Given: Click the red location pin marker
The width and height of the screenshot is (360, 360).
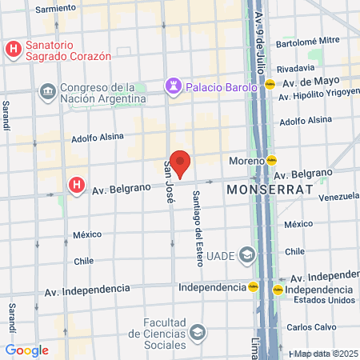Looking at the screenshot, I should click(x=181, y=162).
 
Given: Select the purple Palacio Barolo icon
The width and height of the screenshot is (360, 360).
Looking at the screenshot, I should click(x=172, y=85).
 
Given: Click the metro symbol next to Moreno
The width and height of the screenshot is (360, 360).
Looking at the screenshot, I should click(x=271, y=160).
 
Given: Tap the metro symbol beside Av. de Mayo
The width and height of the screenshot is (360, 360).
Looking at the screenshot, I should click(x=271, y=82).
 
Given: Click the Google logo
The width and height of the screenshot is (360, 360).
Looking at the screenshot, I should click(x=26, y=350).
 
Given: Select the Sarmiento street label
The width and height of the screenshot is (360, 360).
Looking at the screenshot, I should click(x=56, y=9).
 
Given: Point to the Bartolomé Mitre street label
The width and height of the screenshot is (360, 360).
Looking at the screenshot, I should click(x=308, y=40).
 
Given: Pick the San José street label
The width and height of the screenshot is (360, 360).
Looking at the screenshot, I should click(x=170, y=182).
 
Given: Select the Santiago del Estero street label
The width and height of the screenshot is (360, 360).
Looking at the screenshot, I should click(x=195, y=218).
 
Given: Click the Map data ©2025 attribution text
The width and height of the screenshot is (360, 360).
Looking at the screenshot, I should click(x=325, y=354).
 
